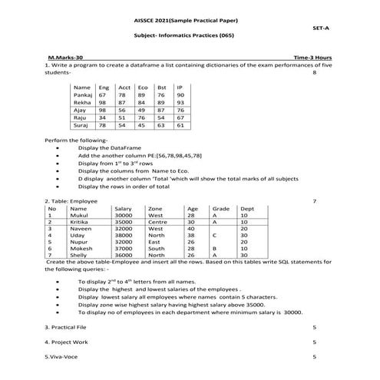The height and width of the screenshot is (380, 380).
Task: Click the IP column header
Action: [179, 87]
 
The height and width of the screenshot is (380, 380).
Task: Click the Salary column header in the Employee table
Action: [123, 208]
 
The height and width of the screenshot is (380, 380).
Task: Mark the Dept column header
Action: [247, 208]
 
